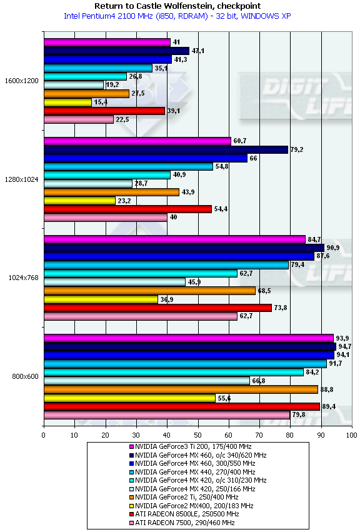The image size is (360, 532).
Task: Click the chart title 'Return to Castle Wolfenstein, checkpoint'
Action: (x=177, y=6)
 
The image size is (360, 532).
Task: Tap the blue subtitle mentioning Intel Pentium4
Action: (x=177, y=16)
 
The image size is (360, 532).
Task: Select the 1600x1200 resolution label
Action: (x=22, y=81)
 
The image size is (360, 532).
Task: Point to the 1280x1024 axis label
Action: (x=22, y=179)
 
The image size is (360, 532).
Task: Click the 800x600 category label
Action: (x=26, y=376)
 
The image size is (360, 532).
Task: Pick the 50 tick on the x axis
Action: (x=198, y=435)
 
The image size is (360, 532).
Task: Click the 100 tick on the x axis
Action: (x=351, y=435)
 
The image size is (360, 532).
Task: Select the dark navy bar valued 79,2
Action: (x=166, y=149)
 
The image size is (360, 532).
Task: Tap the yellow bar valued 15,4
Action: (x=68, y=102)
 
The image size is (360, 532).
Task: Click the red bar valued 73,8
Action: (x=157, y=308)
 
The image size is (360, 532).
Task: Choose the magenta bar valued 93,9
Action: (x=189, y=338)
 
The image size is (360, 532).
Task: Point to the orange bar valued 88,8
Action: (x=181, y=389)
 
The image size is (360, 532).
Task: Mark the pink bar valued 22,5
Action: (x=79, y=119)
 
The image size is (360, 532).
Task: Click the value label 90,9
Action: (x=333, y=248)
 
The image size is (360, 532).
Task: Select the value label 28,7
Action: (x=141, y=183)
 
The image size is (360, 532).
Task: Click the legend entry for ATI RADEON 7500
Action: (x=182, y=523)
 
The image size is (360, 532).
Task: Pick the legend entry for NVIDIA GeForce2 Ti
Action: (x=184, y=497)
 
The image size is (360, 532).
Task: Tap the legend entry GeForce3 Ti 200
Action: (x=191, y=446)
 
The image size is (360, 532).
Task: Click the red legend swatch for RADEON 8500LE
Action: (x=132, y=514)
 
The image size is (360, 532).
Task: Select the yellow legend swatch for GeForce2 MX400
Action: (x=132, y=506)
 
